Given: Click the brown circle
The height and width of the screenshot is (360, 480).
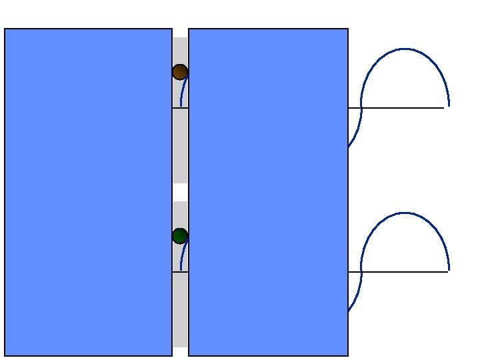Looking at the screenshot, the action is tap(180, 72).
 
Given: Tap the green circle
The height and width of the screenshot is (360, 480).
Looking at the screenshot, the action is tap(180, 236).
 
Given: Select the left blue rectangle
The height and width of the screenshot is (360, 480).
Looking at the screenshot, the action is tap(88, 192).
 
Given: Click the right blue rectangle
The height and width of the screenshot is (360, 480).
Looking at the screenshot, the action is tap(268, 192).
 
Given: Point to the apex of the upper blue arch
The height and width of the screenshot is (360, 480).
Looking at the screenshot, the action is tap(405, 49).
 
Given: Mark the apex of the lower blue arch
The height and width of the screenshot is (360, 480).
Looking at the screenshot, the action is tap(405, 213).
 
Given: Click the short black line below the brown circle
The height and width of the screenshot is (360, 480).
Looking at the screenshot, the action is tap(180, 108).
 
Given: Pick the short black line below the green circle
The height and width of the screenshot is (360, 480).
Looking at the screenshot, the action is tap(180, 272).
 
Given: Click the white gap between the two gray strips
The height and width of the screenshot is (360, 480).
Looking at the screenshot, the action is tap(180, 192).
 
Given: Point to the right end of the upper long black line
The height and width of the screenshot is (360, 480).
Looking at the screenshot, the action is tap(443, 108).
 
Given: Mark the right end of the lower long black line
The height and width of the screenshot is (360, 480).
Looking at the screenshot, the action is tap(447, 272).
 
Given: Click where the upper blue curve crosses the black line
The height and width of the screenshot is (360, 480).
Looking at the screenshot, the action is tap(361, 108).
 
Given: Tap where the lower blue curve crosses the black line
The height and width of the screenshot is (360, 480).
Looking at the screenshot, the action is tap(361, 272).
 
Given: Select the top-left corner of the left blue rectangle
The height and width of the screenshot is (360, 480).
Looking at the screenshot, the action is tap(5, 29).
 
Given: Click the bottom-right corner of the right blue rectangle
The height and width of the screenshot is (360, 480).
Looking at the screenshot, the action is tap(348, 355).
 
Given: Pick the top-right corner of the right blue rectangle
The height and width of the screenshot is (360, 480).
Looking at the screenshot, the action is tap(348, 29).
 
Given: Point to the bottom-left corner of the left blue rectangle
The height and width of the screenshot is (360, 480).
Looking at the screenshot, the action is tap(5, 355).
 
